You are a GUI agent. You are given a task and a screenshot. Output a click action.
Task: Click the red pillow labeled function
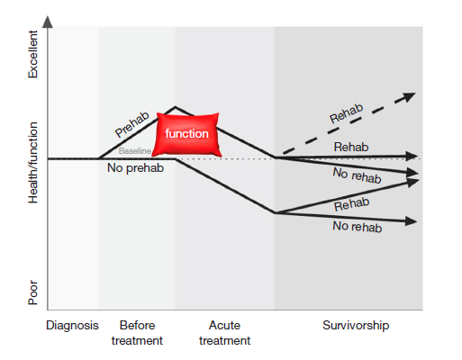[x=186, y=133]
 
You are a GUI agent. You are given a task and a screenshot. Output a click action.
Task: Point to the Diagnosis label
[x=72, y=326]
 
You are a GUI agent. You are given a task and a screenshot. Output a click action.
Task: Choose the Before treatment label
[x=136, y=333]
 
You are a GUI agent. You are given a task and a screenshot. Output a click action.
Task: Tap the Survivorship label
[x=356, y=326]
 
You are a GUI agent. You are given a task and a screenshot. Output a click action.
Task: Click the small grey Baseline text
[x=134, y=151]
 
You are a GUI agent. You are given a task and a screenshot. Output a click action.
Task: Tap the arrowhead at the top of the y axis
[x=48, y=20]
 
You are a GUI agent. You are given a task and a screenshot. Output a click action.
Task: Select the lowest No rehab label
[x=357, y=228]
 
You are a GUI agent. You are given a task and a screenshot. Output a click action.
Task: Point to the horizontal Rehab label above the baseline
[x=351, y=147]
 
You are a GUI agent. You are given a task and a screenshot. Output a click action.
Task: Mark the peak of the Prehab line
[x=176, y=108]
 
